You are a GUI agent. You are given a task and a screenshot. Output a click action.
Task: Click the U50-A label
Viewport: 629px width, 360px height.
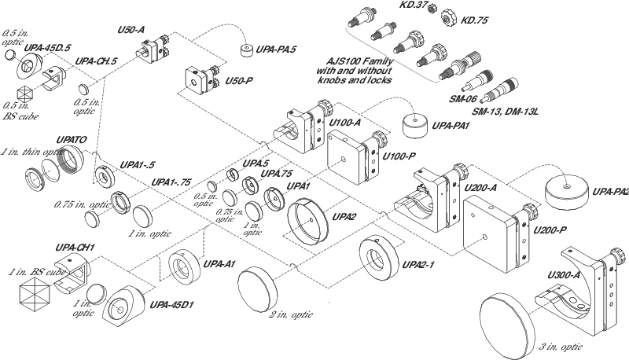130,29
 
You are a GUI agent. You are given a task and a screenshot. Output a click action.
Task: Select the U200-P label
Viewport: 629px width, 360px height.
548,229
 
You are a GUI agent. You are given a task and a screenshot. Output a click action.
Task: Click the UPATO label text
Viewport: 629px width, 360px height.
70,138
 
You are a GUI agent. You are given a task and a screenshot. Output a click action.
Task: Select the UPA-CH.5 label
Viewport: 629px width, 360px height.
96,60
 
